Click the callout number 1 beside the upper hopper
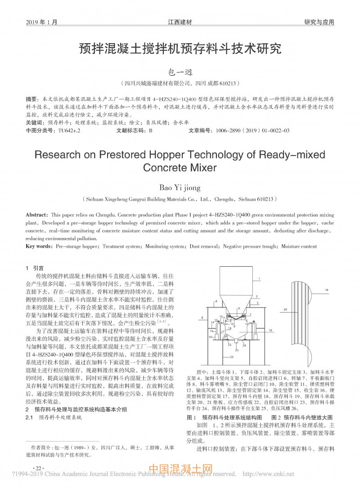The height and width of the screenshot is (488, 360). pos(260,279)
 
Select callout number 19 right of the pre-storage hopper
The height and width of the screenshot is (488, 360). pos(271,331)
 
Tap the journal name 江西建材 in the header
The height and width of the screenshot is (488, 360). pos(180,22)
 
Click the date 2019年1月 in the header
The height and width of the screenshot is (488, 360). pos(42,22)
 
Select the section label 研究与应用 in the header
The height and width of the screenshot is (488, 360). pos(319,22)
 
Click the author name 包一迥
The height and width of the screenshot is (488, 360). pos(180,71)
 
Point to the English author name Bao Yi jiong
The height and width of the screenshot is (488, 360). pos(180,186)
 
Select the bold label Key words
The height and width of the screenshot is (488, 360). pos(39,246)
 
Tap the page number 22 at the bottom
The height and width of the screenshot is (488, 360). pos(39,468)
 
